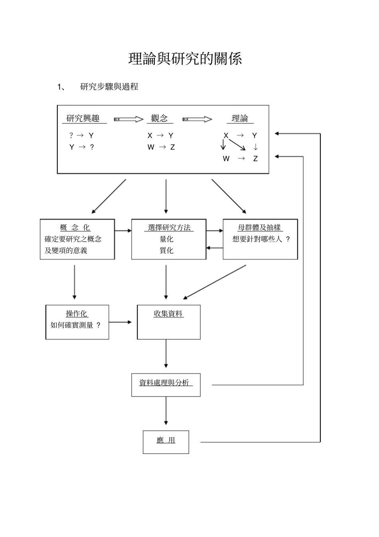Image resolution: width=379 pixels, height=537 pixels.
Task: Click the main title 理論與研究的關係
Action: [185, 59]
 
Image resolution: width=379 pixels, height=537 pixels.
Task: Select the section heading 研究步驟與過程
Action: [109, 87]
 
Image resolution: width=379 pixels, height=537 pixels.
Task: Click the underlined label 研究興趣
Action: [83, 118]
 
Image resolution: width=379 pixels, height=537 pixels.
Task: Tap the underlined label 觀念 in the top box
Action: [160, 118]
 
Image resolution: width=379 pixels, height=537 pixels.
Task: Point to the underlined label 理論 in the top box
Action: [240, 118]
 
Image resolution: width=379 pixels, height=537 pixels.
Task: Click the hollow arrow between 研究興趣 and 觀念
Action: [128, 119]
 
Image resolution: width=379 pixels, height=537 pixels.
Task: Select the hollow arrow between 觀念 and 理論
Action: [197, 119]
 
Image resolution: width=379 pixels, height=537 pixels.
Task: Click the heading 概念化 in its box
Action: [75, 228]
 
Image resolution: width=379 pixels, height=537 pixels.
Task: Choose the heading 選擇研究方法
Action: [169, 228]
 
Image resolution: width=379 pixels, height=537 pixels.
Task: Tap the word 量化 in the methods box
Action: [166, 239]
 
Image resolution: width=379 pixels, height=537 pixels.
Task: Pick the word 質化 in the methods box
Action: [166, 250]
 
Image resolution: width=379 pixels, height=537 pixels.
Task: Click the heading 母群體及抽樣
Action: [259, 228]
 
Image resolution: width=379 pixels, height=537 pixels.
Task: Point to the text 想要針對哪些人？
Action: [261, 239]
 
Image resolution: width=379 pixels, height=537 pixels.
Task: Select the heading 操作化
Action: [77, 314]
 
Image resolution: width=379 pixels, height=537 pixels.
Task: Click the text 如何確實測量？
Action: [76, 325]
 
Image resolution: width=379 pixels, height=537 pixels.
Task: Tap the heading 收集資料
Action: [168, 314]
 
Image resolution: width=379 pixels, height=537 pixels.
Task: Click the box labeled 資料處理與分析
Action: [166, 385]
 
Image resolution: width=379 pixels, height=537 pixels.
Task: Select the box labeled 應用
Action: [166, 442]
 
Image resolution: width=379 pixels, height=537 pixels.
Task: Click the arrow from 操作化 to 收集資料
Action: [120, 322]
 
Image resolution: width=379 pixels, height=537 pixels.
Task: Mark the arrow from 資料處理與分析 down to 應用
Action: [166, 411]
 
